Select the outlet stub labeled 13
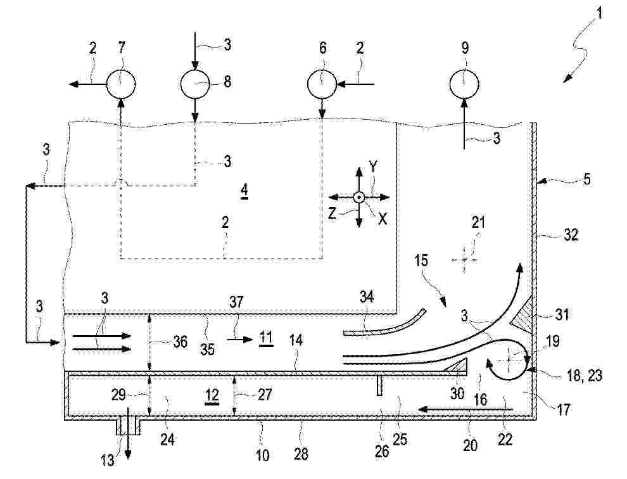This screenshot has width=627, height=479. (129, 426)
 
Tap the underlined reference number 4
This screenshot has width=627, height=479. (244, 191)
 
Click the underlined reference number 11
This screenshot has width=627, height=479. (266, 338)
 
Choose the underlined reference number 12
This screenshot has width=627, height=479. (212, 397)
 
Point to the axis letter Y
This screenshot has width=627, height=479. (372, 168)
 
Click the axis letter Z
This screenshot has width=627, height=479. (332, 214)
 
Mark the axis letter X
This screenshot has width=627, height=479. (383, 219)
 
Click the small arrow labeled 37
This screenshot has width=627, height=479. (240, 340)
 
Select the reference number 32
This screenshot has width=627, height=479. (570, 234)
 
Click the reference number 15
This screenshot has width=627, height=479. (421, 261)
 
